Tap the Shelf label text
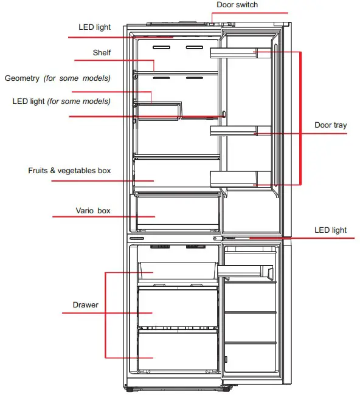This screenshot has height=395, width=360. click(102, 53)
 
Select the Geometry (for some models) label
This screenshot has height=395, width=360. click(58, 78)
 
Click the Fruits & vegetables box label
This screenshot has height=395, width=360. click(69, 171)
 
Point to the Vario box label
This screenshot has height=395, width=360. click(93, 211)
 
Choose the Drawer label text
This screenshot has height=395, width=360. click(85, 304)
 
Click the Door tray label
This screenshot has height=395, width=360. click(330, 125)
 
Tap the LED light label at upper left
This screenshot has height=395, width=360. click(94, 27)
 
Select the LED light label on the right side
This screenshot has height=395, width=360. click(330, 230)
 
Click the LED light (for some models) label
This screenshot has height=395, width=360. click(61, 101)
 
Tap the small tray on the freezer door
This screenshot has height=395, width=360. click(246, 272)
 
